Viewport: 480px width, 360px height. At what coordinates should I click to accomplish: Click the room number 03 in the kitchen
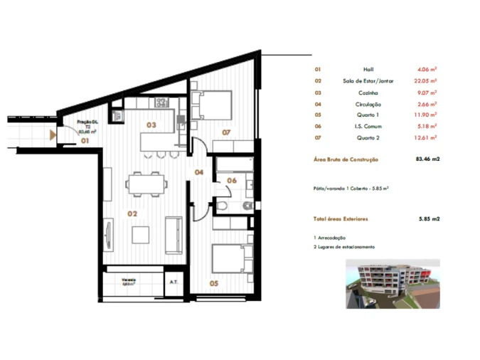coord(151,125)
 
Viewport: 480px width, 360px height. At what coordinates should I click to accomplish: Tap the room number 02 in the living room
coord(132,213)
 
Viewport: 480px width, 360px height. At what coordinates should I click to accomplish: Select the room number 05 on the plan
coord(215,284)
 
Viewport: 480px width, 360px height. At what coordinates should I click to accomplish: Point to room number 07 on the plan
coord(225,132)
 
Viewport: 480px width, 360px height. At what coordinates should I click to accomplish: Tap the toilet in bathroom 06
coord(222,206)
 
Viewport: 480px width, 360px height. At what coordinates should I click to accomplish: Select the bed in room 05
coord(233,255)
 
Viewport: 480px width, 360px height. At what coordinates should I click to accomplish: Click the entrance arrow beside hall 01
coord(53,133)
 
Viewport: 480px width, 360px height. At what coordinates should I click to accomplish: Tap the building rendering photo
coord(392,284)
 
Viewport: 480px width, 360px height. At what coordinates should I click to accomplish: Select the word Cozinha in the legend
coord(368,92)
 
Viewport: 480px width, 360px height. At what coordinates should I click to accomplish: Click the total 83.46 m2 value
coord(427,160)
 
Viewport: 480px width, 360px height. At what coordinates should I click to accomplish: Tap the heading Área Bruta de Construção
coord(346,160)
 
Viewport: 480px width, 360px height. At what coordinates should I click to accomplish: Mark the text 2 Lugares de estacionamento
coord(344,246)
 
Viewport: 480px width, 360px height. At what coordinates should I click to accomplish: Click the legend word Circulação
coord(368,104)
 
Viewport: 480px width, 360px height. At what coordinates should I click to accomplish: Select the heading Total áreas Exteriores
coord(341,220)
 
